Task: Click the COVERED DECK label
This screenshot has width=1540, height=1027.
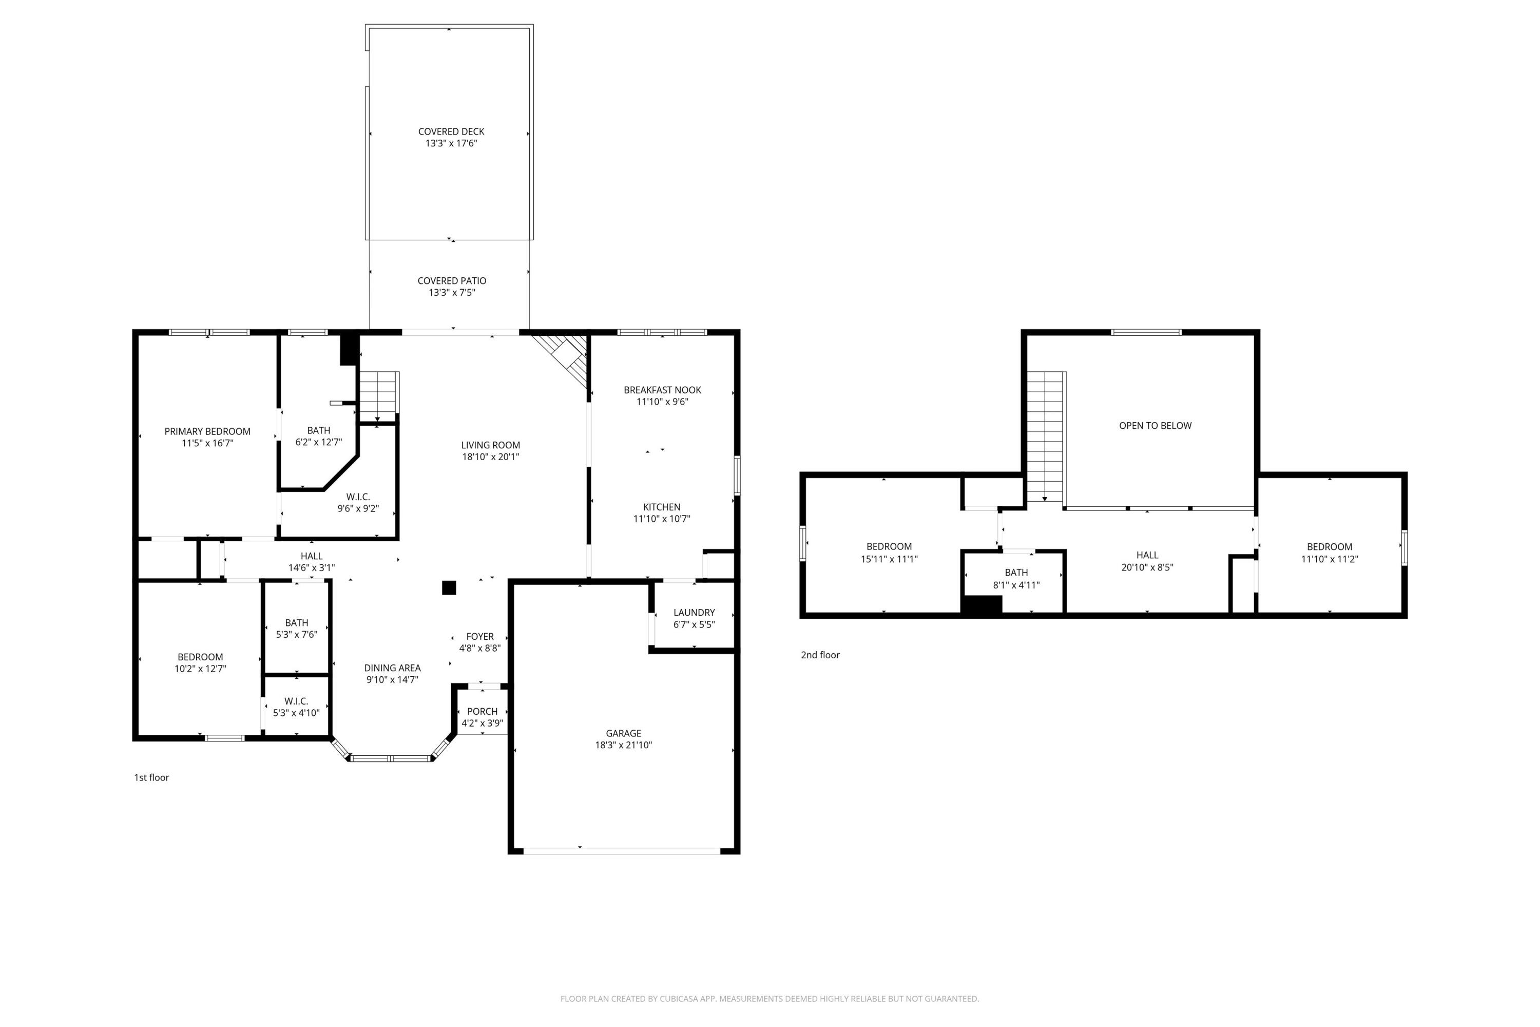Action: click(451, 131)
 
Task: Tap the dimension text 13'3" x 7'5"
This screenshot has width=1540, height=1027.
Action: click(452, 293)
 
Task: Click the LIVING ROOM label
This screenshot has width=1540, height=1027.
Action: click(490, 445)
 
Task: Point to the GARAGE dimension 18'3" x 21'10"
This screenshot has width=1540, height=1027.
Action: click(623, 745)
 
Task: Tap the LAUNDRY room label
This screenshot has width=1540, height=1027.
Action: click(694, 613)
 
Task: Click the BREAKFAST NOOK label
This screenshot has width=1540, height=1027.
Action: click(662, 390)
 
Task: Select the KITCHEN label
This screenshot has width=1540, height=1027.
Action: click(661, 507)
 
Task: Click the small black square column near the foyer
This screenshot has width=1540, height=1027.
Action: click(449, 587)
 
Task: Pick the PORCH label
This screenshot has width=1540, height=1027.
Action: click(483, 711)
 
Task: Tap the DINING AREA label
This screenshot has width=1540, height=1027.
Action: click(392, 668)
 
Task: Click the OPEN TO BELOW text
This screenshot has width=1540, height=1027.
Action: click(1155, 426)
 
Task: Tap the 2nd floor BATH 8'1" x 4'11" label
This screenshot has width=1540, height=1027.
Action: click(1016, 573)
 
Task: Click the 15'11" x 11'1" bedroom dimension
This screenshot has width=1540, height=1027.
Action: click(889, 559)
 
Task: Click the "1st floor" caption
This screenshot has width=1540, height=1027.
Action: click(151, 777)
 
